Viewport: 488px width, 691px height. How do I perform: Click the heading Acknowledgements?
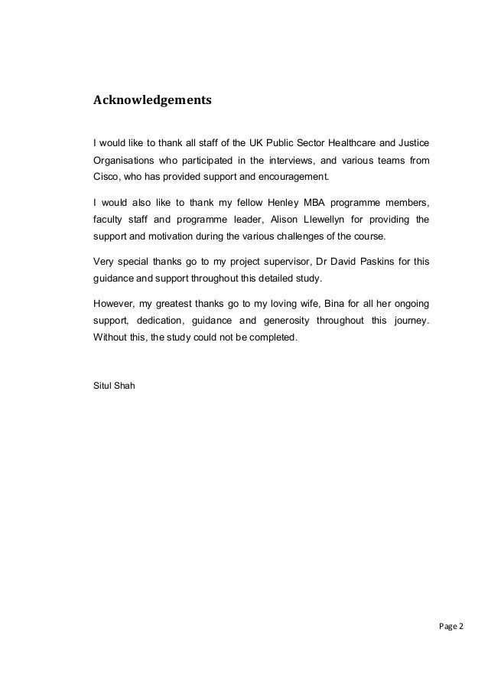pyautogui.click(x=151, y=99)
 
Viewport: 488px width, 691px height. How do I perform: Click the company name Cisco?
pyautogui.click(x=104, y=177)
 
